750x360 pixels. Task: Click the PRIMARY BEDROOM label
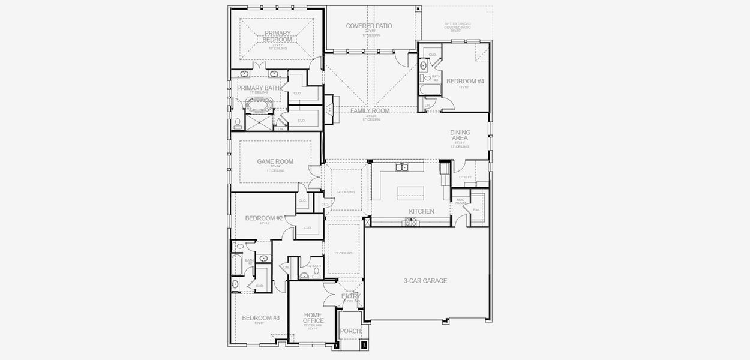pyautogui.click(x=277, y=37)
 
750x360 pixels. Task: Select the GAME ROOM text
pyautogui.click(x=275, y=161)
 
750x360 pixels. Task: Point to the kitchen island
pyautogui.click(x=411, y=193)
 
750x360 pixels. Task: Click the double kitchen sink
pyautogui.click(x=401, y=168)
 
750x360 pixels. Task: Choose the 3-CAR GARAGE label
pyautogui.click(x=425, y=280)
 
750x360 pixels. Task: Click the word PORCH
pyautogui.click(x=350, y=331)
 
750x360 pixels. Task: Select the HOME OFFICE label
pyautogui.click(x=313, y=317)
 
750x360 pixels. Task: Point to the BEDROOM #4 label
pyautogui.click(x=465, y=81)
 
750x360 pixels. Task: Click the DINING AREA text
pyautogui.click(x=460, y=136)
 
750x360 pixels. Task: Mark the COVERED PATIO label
pyautogui.click(x=369, y=26)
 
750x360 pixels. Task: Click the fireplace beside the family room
pyautogui.click(x=329, y=108)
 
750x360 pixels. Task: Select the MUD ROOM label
pyautogui.click(x=461, y=201)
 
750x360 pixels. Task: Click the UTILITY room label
pyautogui.click(x=465, y=177)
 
